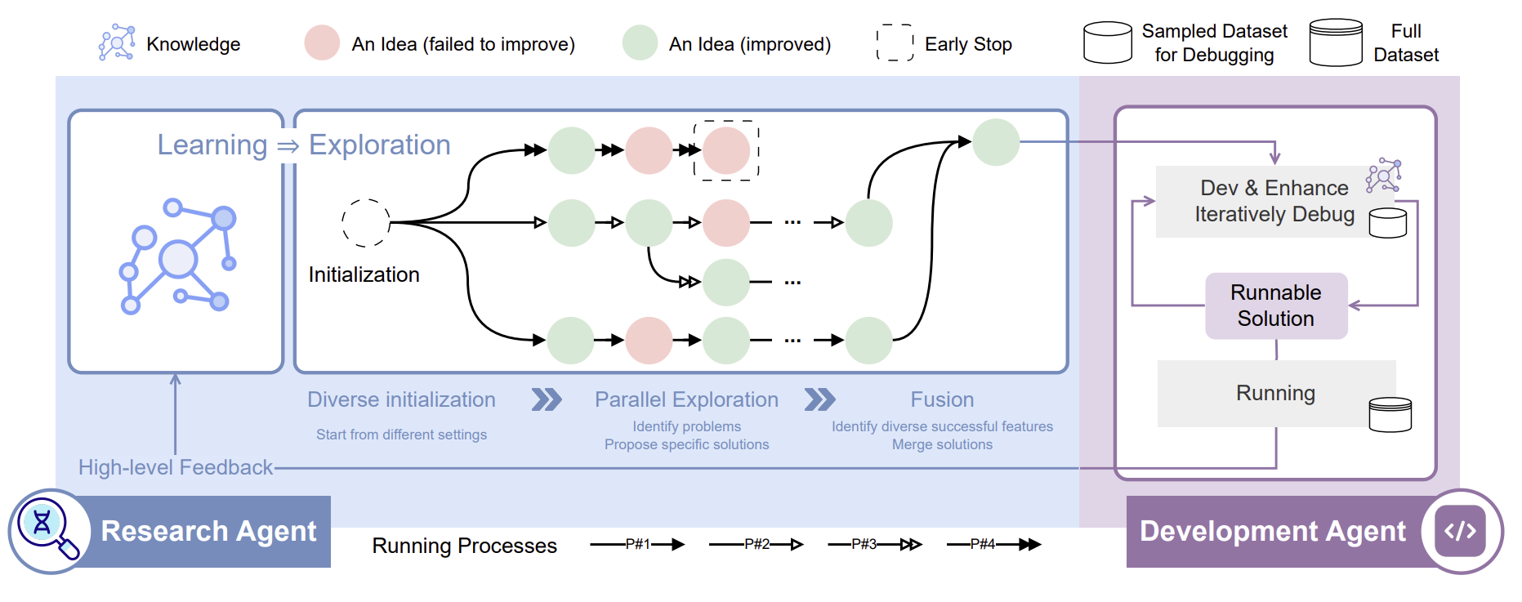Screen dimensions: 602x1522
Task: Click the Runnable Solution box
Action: coord(1275,305)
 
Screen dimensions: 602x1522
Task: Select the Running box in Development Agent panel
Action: coord(1275,393)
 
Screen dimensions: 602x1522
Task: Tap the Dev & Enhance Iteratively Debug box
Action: coord(1274,201)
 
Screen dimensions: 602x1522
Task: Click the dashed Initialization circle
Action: coord(365,222)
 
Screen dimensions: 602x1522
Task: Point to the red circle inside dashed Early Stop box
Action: coord(726,150)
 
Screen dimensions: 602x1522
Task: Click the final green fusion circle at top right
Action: coord(996,142)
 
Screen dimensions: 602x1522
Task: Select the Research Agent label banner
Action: coord(208,531)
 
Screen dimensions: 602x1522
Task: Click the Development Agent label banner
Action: coord(1272,531)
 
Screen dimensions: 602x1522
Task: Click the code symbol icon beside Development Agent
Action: coord(1460,531)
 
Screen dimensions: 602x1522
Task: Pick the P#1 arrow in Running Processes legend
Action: coord(637,544)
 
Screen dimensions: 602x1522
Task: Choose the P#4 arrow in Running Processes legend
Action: coord(993,544)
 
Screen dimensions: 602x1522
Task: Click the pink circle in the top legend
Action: coord(322,42)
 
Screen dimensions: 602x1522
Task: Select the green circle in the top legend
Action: coord(640,42)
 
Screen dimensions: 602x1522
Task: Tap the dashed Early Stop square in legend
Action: coord(895,42)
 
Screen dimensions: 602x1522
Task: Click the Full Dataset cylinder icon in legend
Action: coord(1336,42)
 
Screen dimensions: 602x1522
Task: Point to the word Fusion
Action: coord(942,399)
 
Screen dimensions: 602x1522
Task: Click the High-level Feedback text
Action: coord(176,467)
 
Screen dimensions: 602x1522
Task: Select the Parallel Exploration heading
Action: coord(686,399)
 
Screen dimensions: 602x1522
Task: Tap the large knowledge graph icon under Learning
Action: coord(177,256)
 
